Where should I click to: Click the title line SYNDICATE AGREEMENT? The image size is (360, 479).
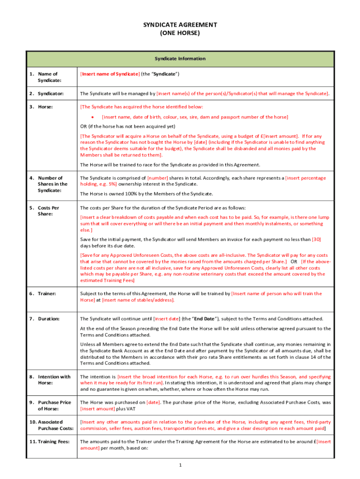pos(180,25)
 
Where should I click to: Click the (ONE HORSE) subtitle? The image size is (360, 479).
pos(180,33)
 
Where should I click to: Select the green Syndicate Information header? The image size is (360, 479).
pos(180,58)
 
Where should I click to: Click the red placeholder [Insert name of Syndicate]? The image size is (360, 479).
pos(110,74)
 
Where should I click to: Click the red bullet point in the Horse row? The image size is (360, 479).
pos(94,116)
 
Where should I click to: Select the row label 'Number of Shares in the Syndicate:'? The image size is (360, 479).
pos(49,184)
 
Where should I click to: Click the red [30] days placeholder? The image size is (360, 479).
pos(317,239)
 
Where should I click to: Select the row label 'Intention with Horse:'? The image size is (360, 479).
pos(50,379)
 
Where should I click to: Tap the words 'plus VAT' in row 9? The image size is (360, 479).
pos(110,408)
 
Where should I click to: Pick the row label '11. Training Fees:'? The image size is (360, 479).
pos(50,441)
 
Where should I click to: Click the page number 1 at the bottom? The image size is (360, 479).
pos(180,465)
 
